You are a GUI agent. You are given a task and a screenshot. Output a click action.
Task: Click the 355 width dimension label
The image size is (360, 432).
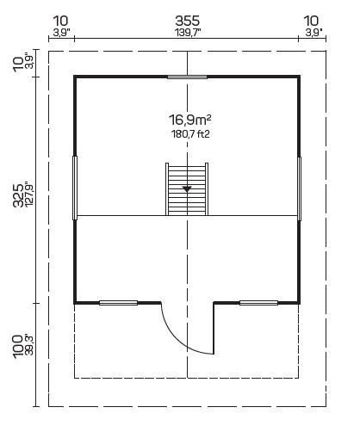point(188,21)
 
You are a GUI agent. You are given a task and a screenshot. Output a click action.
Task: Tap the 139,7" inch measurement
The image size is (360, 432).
point(188,33)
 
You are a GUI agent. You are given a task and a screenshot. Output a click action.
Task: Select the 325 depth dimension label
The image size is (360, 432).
point(19,195)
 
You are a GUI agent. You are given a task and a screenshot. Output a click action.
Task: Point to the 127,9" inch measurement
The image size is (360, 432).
point(29,194)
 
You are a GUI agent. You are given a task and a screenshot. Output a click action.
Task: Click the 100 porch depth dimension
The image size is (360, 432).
point(18,346)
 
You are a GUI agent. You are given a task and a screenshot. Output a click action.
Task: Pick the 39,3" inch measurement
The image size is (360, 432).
point(29,345)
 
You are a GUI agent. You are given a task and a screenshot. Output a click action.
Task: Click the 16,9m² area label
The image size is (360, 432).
point(190,120)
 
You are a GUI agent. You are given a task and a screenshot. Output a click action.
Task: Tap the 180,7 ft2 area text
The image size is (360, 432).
point(190,134)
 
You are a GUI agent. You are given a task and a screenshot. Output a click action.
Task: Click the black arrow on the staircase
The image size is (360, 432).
point(187,189)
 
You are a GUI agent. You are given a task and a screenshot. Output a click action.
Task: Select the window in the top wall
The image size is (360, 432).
point(187,77)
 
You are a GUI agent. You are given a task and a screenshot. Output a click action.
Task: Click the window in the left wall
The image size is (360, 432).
point(75,188)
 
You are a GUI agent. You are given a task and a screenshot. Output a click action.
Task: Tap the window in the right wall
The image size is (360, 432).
point(299,188)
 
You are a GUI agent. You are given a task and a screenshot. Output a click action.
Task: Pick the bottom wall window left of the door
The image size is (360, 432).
point(118,303)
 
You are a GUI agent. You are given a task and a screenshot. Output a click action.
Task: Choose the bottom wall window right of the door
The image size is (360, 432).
point(258,303)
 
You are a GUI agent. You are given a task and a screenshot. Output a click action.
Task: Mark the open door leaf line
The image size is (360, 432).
point(214,329)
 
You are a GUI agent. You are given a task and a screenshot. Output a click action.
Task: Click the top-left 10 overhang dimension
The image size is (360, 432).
point(61,21)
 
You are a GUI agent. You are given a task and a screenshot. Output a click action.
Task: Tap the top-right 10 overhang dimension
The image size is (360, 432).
point(311,21)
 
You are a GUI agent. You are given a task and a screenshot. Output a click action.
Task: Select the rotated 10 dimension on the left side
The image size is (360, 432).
point(18,64)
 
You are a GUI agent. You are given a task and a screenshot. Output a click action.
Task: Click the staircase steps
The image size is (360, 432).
point(187,189)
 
